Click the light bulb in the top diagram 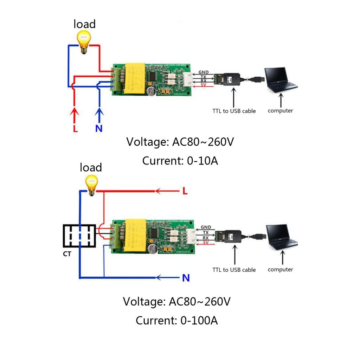pos(84,41)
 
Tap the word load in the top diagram pos(84,24)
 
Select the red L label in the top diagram pos(75,128)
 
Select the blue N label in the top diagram pos(99,128)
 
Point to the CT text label pos(67,253)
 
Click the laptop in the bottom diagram pos(281,237)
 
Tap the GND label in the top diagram pos(204,72)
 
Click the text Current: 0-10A pos(180,161)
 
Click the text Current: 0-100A pos(176,320)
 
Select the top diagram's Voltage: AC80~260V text pos(180,142)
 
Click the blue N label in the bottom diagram pos(186,278)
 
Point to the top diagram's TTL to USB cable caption pos(234,111)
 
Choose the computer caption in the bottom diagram pos(280,269)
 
